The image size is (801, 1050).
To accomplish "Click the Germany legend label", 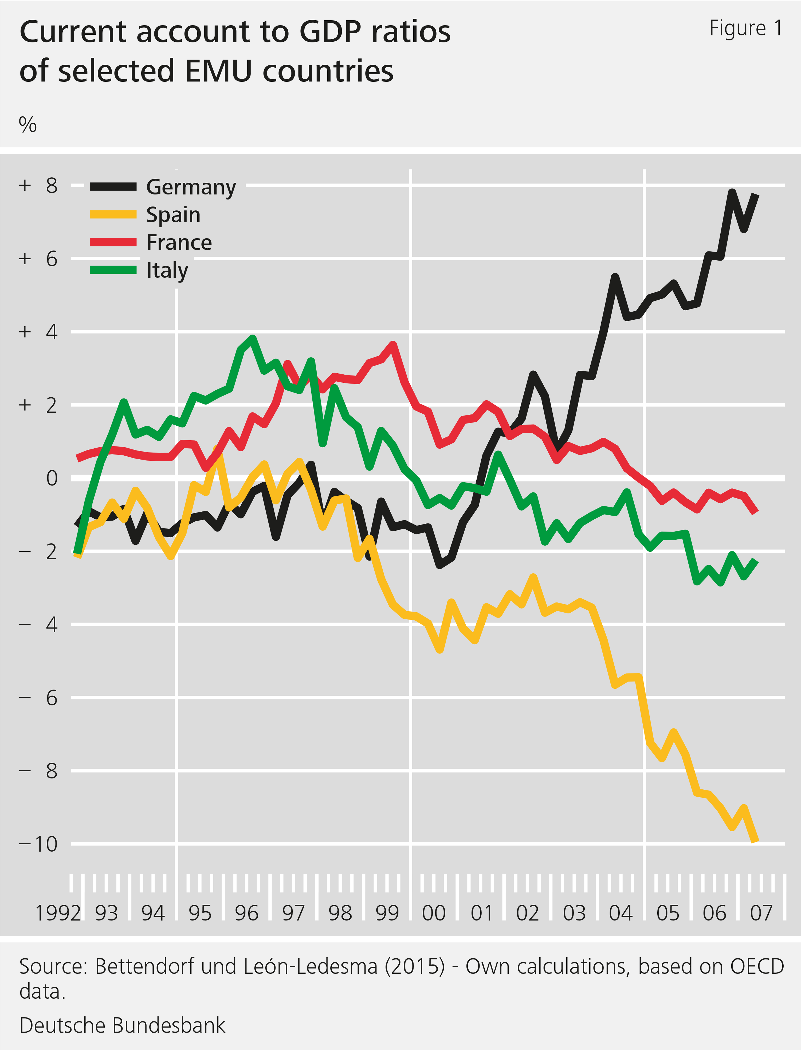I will click(191, 187).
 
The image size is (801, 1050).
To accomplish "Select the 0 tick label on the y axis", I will click(52, 478).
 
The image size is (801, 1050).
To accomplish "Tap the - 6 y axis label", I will click(38, 698).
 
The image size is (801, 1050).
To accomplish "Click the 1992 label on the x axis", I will click(58, 913).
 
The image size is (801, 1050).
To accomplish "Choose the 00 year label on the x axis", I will click(433, 913).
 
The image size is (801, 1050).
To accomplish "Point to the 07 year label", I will click(761, 913).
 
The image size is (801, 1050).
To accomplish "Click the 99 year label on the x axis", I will click(387, 913).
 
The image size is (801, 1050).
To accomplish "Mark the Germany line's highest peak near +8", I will click(732, 192).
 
